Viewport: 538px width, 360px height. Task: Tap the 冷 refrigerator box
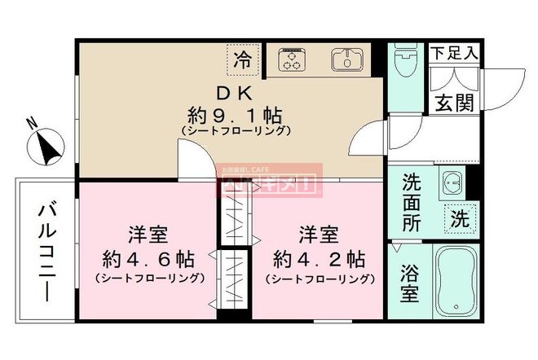pos(242,59)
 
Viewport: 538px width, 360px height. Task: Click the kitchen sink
pos(346,59)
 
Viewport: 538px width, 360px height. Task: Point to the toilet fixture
pos(403,59)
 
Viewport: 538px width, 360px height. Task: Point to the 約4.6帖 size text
pos(148,261)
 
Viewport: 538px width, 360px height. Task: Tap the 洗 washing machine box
pos(460,218)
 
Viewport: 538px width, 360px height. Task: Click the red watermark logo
pos(271,181)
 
